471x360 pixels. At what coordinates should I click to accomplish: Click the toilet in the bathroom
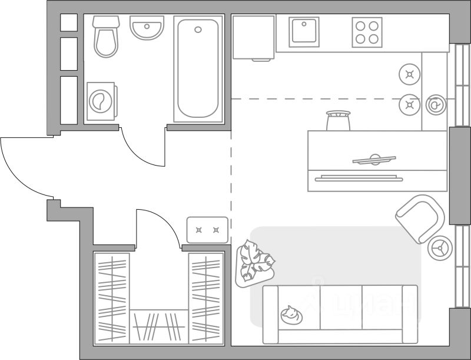(106, 37)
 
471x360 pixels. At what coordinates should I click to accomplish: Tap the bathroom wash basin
(147, 28)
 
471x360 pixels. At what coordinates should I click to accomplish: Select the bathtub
(198, 70)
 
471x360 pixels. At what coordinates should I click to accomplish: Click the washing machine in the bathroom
(102, 102)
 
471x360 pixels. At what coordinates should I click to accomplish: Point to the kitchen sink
(304, 32)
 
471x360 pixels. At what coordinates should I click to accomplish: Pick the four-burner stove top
(367, 32)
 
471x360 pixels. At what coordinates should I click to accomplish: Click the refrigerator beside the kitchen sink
(253, 37)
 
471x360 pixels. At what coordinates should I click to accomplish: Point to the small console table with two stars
(207, 230)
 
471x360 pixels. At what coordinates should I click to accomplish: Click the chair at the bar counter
(339, 121)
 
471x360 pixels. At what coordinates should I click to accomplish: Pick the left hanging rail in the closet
(112, 298)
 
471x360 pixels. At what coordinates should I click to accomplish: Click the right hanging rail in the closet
(206, 298)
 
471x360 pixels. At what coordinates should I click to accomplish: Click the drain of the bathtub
(198, 29)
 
